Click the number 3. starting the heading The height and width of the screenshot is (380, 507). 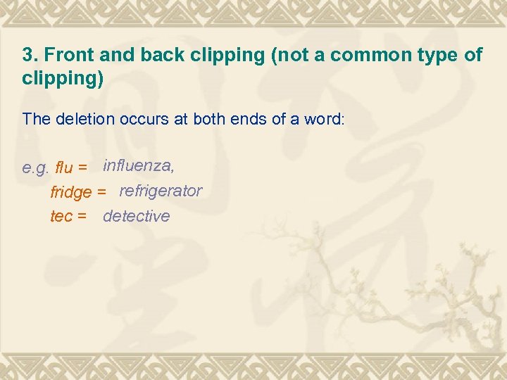[30, 56]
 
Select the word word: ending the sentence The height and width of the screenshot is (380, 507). [325, 119]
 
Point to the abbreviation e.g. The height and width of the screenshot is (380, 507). [36, 168]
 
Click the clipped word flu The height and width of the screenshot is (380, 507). [63, 168]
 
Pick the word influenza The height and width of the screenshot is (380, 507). [138, 166]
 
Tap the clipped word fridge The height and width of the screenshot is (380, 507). [71, 192]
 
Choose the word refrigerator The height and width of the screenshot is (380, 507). [161, 191]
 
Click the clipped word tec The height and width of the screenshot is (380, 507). [61, 216]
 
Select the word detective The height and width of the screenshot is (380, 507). [137, 216]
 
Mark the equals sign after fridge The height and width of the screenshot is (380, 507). [102, 192]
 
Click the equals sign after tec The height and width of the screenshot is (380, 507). [82, 216]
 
